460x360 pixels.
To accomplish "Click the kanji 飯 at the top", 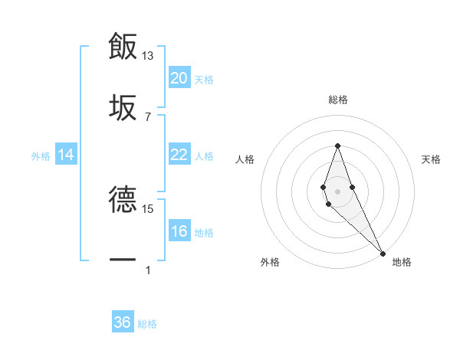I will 123,46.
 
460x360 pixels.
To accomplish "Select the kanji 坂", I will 123,106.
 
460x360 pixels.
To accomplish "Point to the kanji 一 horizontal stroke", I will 123,260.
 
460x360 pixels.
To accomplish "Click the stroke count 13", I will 148,56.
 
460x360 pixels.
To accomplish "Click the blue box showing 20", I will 179,78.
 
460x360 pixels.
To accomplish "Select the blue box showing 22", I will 179,155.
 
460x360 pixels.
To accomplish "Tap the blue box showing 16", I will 179,231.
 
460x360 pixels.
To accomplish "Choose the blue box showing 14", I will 66,155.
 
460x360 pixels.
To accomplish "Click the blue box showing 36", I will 123,322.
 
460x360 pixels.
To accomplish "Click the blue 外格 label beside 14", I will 41,155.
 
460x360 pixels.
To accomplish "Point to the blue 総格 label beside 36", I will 147,324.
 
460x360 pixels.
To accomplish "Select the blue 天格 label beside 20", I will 204,79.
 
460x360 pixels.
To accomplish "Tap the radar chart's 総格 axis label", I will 338,100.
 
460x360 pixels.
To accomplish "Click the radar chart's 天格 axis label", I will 432,159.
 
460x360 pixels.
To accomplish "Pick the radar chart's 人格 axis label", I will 245,159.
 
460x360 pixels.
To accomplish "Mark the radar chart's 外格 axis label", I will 270,262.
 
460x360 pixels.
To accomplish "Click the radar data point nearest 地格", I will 382,252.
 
